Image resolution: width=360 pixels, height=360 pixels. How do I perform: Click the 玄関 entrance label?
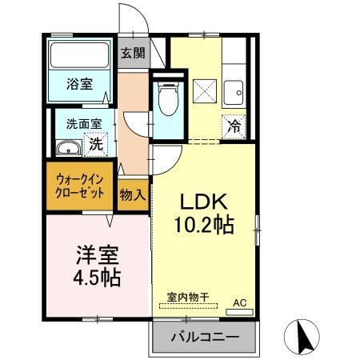134,54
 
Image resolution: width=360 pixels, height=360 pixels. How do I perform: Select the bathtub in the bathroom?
80,56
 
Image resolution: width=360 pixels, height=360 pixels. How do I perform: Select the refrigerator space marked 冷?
234,126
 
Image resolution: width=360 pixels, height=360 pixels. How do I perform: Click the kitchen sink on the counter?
234,90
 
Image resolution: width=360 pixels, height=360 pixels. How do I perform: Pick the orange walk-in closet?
81,187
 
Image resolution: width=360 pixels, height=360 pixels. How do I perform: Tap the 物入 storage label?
133,194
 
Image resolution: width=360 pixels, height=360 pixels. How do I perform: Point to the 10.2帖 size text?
205,226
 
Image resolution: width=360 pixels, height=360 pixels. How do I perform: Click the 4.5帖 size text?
97,278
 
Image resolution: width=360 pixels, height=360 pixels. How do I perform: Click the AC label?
239,302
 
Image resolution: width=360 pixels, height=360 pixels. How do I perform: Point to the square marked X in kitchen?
203,90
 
